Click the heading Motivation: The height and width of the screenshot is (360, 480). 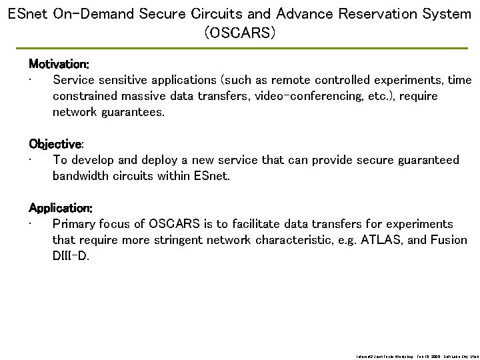[x=59, y=65]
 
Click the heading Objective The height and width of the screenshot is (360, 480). [x=55, y=144]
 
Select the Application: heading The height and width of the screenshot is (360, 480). [x=61, y=208]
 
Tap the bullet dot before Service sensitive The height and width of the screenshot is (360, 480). [x=31, y=81]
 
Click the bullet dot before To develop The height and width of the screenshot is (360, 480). [x=31, y=161]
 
